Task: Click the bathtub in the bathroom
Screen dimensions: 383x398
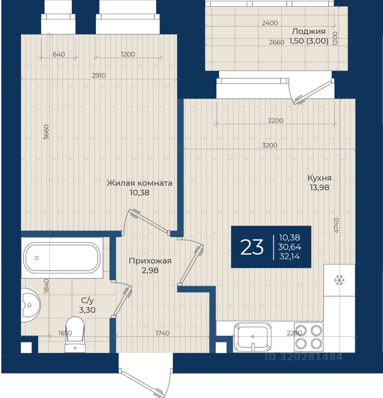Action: click(x=62, y=257)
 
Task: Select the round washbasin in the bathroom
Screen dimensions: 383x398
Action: click(x=30, y=305)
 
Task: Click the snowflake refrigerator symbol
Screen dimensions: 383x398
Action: click(x=339, y=281)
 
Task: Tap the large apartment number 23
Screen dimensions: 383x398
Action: click(x=252, y=247)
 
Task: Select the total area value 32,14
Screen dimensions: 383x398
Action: click(x=290, y=256)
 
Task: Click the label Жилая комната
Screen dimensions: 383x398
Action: click(x=139, y=183)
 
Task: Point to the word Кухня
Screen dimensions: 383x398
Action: click(x=319, y=178)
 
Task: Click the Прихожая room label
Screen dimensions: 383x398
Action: click(x=150, y=261)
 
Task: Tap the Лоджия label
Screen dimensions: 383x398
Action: click(x=309, y=31)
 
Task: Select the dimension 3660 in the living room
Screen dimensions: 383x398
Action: click(x=46, y=132)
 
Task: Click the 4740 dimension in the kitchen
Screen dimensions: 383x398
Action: click(x=336, y=226)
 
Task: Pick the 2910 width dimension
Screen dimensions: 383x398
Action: click(x=99, y=75)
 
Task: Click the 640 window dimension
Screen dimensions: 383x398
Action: click(x=59, y=54)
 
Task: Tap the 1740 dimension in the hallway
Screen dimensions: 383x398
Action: click(x=162, y=333)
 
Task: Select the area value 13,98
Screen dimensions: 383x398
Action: click(x=319, y=187)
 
